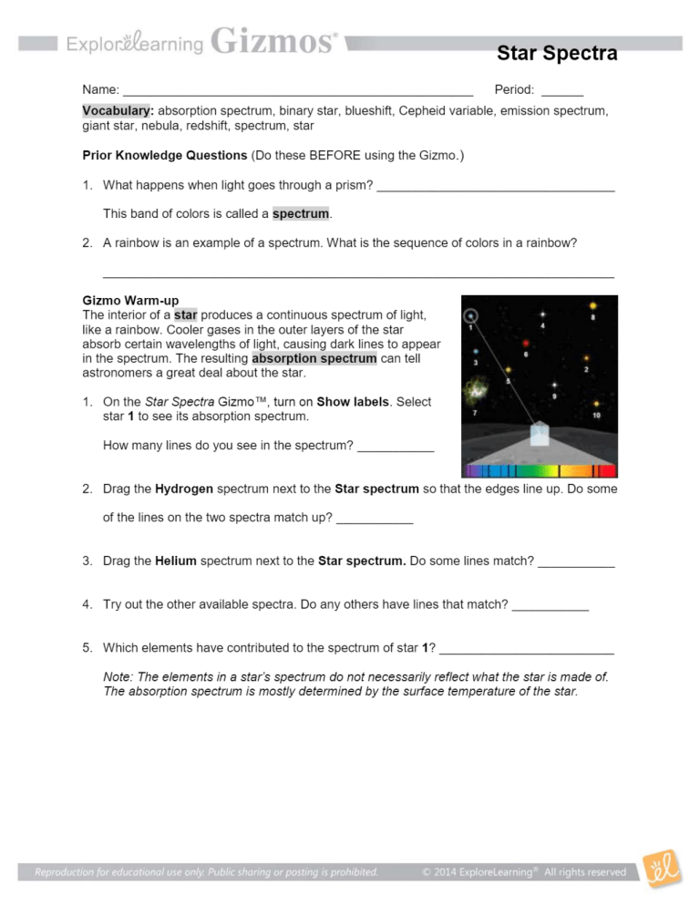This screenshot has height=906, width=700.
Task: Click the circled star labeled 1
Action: pos(470,316)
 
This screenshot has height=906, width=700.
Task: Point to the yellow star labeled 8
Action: pos(592,306)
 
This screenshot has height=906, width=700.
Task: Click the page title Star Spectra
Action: pos(557,54)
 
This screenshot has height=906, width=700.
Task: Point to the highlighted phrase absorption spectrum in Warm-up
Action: pos(314,359)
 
